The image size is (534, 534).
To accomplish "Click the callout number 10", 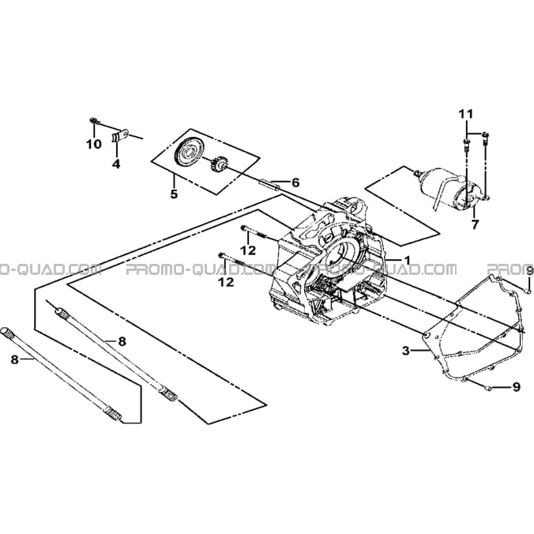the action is pyautogui.click(x=94, y=145).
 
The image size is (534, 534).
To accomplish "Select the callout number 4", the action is pyautogui.click(x=116, y=164).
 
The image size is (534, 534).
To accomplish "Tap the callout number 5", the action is pyautogui.click(x=174, y=194).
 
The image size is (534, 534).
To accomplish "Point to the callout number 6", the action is pyautogui.click(x=295, y=182).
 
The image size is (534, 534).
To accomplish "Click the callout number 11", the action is pyautogui.click(x=465, y=114).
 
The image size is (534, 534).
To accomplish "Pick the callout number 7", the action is pyautogui.click(x=475, y=224).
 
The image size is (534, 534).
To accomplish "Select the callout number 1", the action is pyautogui.click(x=407, y=260).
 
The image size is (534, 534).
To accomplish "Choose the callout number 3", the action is pyautogui.click(x=405, y=351).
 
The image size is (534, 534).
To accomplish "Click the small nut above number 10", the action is pyautogui.click(x=92, y=120).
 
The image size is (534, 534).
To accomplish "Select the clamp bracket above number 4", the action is pyautogui.click(x=119, y=136).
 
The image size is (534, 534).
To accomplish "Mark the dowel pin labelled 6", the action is pyautogui.click(x=270, y=185).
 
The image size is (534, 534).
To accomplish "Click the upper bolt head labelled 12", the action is pyautogui.click(x=243, y=228).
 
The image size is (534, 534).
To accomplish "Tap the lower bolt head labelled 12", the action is pyautogui.click(x=221, y=254).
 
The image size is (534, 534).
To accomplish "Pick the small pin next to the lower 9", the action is pyautogui.click(x=489, y=388).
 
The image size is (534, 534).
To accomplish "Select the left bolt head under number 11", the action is pyautogui.click(x=466, y=141).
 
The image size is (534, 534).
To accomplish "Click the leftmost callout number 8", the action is pyautogui.click(x=14, y=359).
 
